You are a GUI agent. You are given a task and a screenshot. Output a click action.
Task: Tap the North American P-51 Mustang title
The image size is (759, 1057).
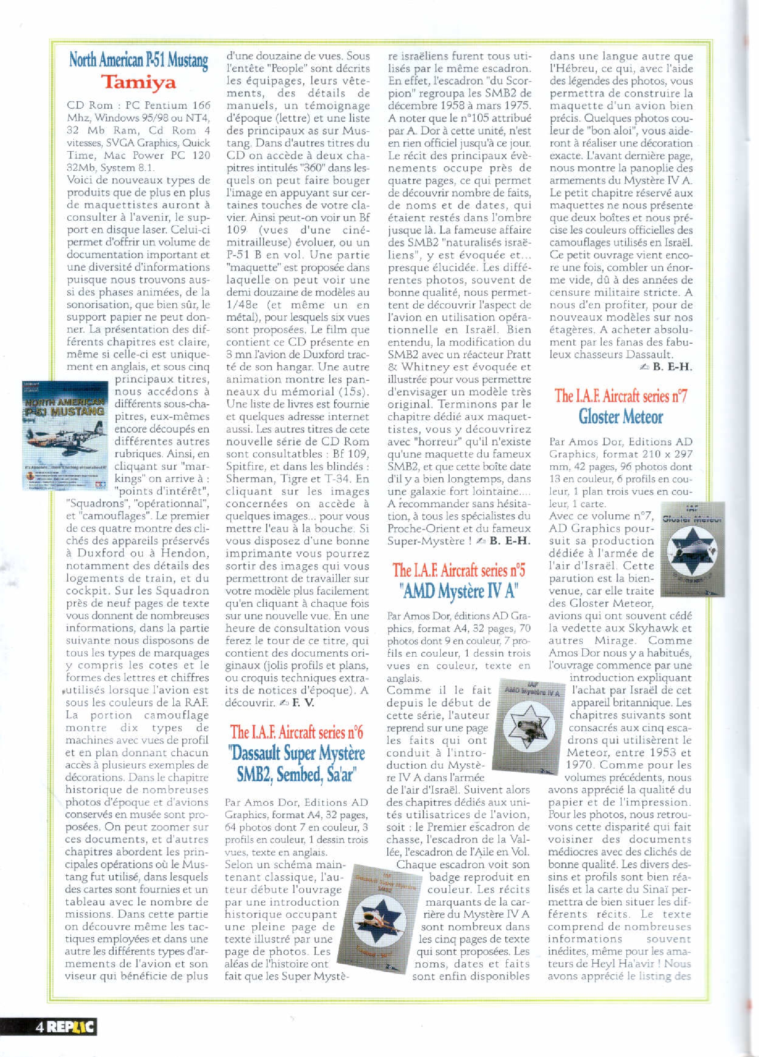tap(138, 61)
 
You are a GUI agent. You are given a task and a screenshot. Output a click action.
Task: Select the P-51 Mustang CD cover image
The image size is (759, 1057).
tap(64, 435)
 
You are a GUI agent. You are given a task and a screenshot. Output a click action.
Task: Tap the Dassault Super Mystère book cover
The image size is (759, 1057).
tap(377, 913)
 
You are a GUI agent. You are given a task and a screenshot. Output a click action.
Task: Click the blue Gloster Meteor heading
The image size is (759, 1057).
tap(621, 416)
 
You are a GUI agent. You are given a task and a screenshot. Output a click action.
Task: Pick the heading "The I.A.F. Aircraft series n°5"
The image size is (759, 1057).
tap(458, 570)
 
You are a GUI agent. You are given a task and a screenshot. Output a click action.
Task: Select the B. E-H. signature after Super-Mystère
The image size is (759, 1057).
tap(510, 541)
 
